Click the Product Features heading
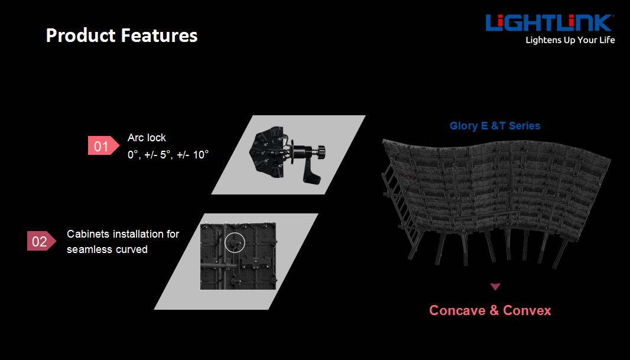click(x=122, y=35)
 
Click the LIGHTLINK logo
click(x=549, y=23)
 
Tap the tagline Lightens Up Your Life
click(x=570, y=40)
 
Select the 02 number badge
click(x=41, y=241)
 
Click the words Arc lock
click(x=147, y=138)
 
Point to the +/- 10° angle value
click(x=193, y=155)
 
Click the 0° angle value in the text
click(x=133, y=155)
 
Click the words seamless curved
click(x=108, y=249)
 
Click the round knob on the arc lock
click(x=320, y=152)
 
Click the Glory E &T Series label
click(x=495, y=126)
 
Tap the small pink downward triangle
click(x=495, y=287)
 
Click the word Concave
click(x=457, y=310)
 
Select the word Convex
click(x=527, y=310)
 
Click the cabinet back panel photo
click(x=238, y=257)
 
